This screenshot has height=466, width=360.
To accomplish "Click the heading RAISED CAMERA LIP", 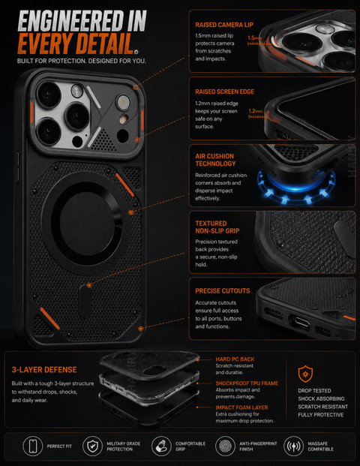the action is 224,25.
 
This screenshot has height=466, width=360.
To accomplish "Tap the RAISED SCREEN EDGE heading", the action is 224,92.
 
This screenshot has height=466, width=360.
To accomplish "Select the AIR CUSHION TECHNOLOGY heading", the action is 215,160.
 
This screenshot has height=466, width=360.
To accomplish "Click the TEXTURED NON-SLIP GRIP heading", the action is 217,227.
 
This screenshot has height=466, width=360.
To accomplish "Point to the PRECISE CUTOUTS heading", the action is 223,291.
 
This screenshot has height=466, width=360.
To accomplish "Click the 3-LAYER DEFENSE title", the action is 44,370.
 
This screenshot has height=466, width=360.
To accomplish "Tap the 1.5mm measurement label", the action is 254,38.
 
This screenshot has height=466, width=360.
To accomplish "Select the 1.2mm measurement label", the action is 256,111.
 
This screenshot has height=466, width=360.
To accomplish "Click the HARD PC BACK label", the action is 235,359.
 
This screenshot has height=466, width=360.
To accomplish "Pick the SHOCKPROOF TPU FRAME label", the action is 247,383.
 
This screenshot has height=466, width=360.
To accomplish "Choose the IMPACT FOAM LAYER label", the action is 241,407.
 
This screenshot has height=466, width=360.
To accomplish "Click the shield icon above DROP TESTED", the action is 305,374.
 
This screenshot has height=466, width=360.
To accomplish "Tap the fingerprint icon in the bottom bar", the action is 225,446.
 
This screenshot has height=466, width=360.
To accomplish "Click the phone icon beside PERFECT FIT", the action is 33,446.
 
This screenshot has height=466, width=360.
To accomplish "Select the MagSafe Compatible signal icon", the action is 293,446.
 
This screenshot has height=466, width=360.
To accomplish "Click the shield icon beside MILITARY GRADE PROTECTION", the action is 92,446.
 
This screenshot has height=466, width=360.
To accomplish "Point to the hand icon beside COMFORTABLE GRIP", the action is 160,446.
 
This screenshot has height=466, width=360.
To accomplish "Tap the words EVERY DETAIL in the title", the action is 76,44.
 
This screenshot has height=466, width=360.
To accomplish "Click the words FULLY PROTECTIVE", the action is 321,415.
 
